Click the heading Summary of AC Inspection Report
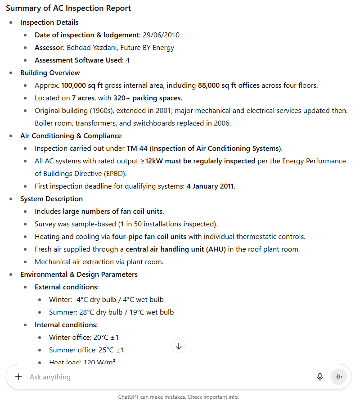[68, 8]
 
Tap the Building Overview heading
[50, 73]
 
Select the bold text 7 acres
[82, 98]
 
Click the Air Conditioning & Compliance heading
[71, 136]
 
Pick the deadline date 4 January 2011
[211, 186]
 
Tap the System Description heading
[51, 199]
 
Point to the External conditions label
[67, 287]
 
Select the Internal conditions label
[66, 325]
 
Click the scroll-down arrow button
[179, 346]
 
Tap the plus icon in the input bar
[18, 377]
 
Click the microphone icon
[320, 377]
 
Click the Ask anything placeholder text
[50, 377]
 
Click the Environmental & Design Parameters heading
[79, 275]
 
